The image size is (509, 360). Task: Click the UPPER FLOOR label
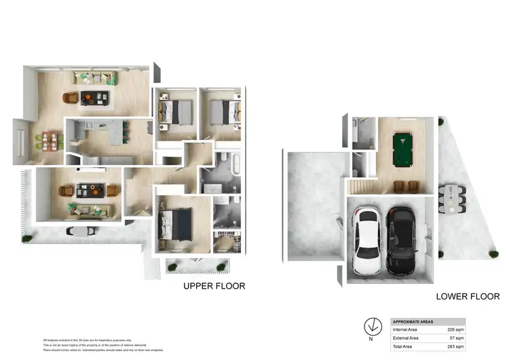pos(214,286)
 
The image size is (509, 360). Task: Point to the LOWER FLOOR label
pos(468,297)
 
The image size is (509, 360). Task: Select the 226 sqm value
pos(455,329)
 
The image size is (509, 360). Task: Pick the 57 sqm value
pos(457,338)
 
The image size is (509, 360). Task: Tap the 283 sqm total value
pos(455,346)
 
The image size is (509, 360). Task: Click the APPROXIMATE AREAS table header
pos(413,321)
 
